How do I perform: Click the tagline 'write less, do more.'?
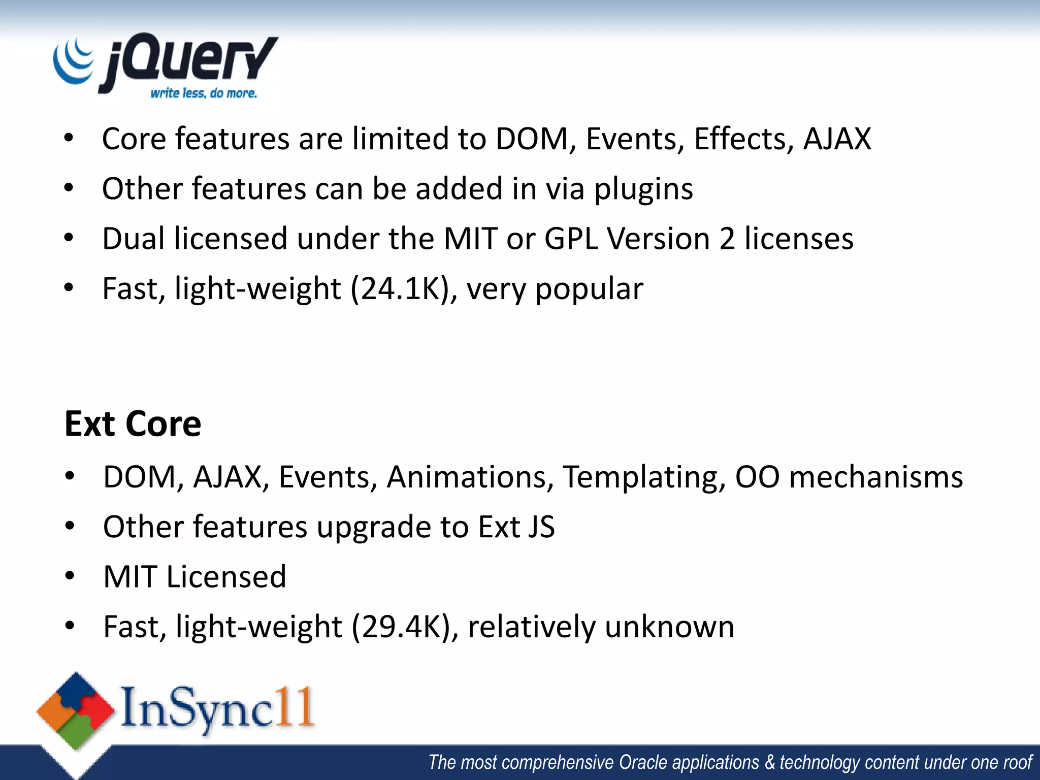[204, 93]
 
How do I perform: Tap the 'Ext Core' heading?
[133, 424]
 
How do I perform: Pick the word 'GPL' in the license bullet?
[571, 239]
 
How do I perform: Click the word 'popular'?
[589, 289]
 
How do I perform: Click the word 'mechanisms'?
[876, 477]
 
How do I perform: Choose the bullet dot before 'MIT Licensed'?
[70, 576]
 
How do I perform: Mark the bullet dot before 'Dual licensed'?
[69, 238]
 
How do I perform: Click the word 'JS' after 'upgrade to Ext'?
[541, 527]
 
